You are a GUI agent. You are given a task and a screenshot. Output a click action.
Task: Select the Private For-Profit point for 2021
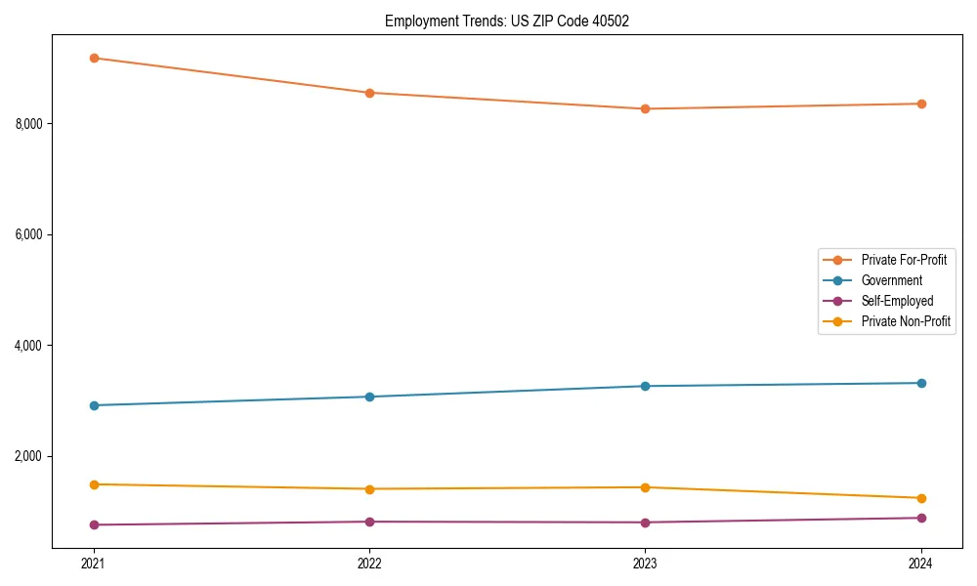click(x=94, y=58)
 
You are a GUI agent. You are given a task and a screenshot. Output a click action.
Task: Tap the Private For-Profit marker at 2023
click(x=645, y=108)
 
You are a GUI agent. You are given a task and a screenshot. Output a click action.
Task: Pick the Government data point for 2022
click(x=369, y=397)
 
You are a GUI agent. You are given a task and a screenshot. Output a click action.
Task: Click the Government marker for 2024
click(x=920, y=383)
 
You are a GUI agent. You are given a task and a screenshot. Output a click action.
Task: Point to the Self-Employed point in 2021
click(x=94, y=524)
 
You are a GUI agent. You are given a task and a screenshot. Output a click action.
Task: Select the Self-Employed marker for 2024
click(x=920, y=518)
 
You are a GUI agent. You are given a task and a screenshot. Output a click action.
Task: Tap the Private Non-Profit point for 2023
click(x=645, y=487)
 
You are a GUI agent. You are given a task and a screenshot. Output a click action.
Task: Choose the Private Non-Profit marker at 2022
click(x=369, y=488)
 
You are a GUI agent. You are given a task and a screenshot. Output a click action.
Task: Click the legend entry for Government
click(x=891, y=280)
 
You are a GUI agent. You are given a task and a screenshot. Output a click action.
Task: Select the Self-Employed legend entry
click(x=897, y=301)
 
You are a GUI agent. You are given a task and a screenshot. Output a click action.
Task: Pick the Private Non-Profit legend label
click(x=906, y=321)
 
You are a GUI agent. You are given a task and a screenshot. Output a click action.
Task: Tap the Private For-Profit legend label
click(x=904, y=260)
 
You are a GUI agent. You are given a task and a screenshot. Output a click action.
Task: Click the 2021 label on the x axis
click(x=94, y=563)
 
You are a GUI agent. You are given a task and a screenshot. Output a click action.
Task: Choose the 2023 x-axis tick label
click(x=645, y=563)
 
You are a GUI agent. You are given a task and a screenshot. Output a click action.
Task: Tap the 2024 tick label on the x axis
click(x=920, y=563)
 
